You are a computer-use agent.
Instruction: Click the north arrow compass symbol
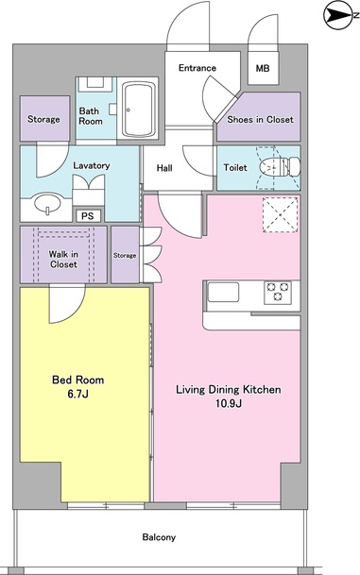338,15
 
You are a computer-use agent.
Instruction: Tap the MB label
263,68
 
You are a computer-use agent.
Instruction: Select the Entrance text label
197,68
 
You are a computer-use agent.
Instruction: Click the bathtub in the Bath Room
138,110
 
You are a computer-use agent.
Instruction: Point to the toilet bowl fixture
280,167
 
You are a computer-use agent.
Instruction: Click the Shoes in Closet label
260,120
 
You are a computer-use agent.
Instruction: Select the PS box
88,216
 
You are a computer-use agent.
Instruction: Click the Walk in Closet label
63,260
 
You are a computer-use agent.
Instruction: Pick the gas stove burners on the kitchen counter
278,293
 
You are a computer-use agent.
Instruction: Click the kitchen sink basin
223,293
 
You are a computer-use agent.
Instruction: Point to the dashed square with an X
281,214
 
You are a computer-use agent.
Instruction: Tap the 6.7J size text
77,395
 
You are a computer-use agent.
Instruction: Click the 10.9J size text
228,404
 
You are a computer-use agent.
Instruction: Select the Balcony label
159,537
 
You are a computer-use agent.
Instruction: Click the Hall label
164,168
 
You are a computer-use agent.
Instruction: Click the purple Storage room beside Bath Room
44,118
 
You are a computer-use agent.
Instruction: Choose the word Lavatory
92,166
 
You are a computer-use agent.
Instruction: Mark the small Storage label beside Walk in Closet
125,255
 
